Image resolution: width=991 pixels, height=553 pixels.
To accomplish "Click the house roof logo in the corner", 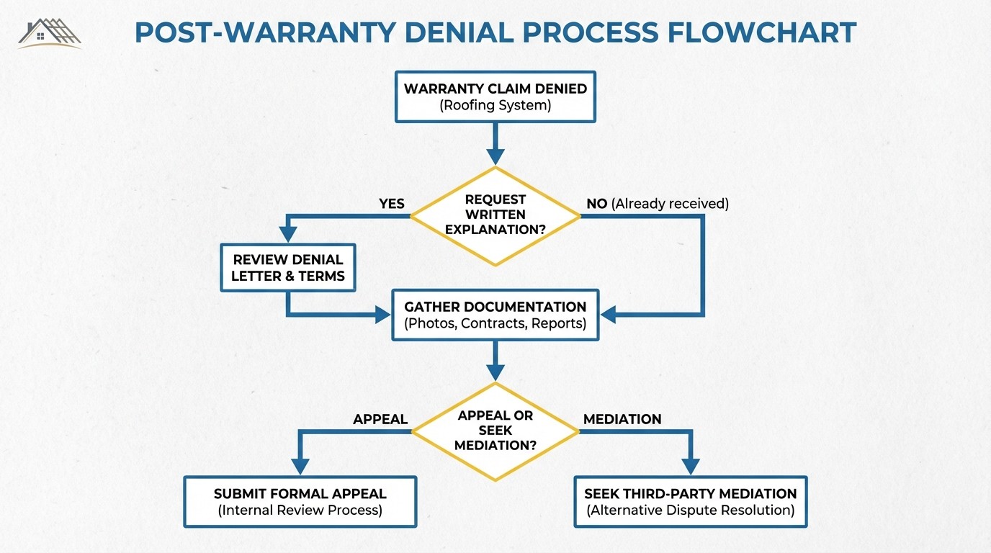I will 50,32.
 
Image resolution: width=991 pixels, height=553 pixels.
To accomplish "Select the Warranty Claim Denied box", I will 495,96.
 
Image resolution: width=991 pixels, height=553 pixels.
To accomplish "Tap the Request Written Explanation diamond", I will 495,215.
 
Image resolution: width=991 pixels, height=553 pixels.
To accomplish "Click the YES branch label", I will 392,204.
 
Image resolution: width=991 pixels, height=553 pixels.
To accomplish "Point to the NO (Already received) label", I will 657,204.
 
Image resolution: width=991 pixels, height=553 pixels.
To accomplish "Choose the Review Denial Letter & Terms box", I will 288,268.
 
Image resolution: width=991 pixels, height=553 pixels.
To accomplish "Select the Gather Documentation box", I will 495,315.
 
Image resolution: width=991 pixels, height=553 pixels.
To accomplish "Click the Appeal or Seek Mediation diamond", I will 495,431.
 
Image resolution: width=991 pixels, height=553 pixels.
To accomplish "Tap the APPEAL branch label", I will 380,419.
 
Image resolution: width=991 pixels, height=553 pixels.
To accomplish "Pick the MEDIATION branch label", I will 622,419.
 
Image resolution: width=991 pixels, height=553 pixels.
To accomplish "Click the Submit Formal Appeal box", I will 300,502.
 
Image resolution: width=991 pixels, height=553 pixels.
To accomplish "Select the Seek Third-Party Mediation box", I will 690,502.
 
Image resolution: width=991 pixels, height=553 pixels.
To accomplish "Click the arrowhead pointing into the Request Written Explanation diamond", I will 495,156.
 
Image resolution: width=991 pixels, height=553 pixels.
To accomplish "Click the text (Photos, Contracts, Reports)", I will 495,324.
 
